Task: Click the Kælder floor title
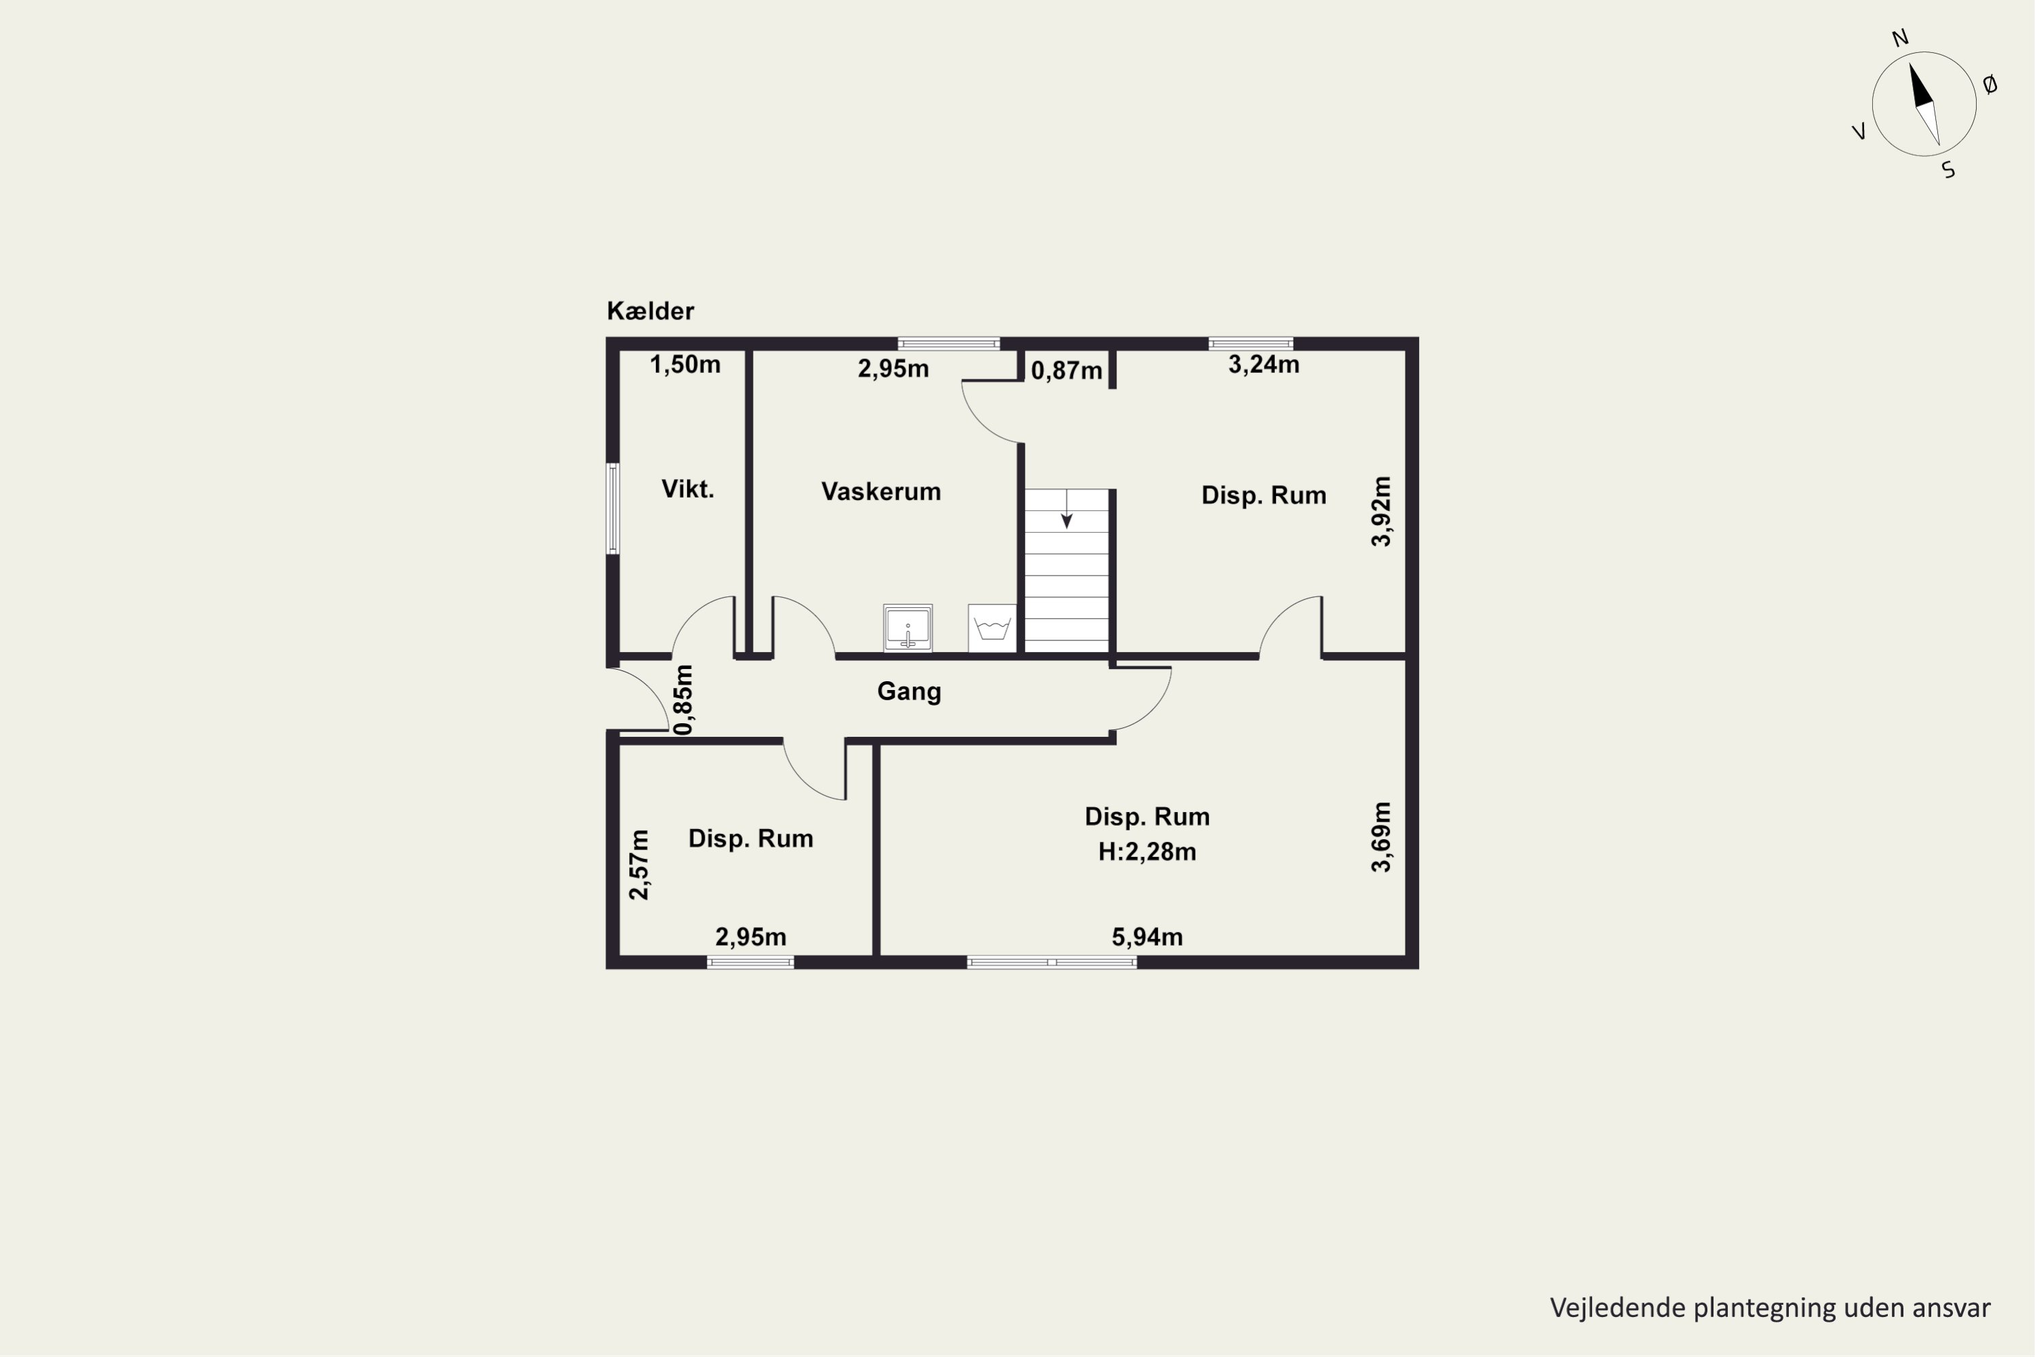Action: tap(650, 311)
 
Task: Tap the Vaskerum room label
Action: tap(880, 491)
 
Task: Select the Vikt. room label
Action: tap(688, 489)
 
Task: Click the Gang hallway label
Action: tap(908, 691)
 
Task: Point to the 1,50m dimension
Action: tap(685, 364)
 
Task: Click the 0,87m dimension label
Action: tap(1067, 370)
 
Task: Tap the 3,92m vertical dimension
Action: tap(1382, 512)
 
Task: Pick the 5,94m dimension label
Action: tap(1147, 936)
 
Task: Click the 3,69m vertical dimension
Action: tap(1382, 837)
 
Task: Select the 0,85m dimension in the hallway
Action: tap(684, 700)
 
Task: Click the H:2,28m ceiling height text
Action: tap(1147, 852)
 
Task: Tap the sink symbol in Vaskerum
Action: tap(908, 628)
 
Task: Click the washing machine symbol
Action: tap(992, 628)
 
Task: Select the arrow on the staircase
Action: tap(1067, 509)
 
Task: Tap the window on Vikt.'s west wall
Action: tap(613, 508)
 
